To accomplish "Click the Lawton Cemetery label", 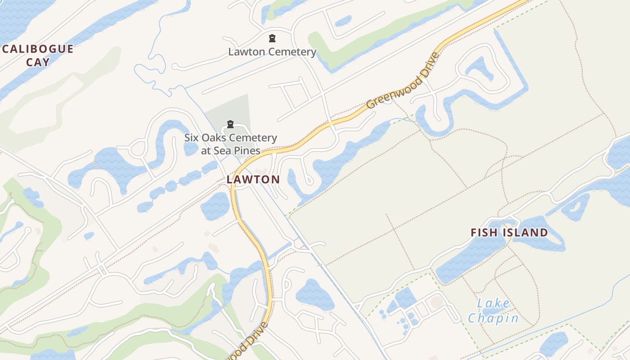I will [x=272, y=52].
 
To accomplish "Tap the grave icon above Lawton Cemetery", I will [x=272, y=38].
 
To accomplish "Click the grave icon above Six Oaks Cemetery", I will [x=230, y=124].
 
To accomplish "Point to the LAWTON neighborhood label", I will [x=253, y=180].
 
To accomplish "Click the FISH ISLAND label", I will [x=509, y=233].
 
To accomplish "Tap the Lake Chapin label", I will [x=493, y=311].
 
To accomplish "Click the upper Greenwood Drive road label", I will [x=403, y=81].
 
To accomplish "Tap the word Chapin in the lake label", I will [x=493, y=319].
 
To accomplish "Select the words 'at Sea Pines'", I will [x=230, y=150].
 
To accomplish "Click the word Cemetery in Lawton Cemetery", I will [x=291, y=52].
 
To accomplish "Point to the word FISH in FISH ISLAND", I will [x=482, y=233].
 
